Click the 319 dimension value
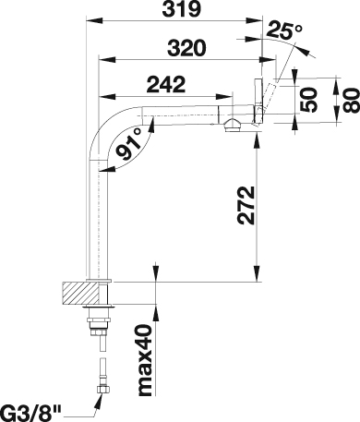pos(182,9)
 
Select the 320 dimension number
pos(186,48)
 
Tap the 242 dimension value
pos(166,84)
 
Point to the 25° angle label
pos(284,30)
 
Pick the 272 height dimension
pos(246,205)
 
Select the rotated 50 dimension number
pos(308,100)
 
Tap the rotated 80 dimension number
pos(351,101)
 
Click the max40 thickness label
pos(146,360)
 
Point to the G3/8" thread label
pos(30,414)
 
